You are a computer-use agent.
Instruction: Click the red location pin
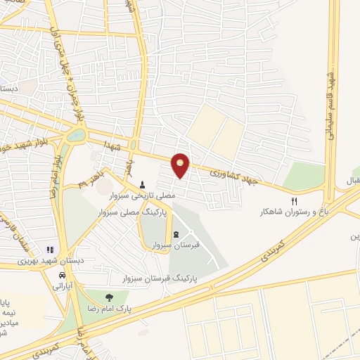[181, 165]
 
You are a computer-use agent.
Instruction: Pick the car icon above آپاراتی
[58, 274]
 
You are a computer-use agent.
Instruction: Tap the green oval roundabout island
[76, 134]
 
